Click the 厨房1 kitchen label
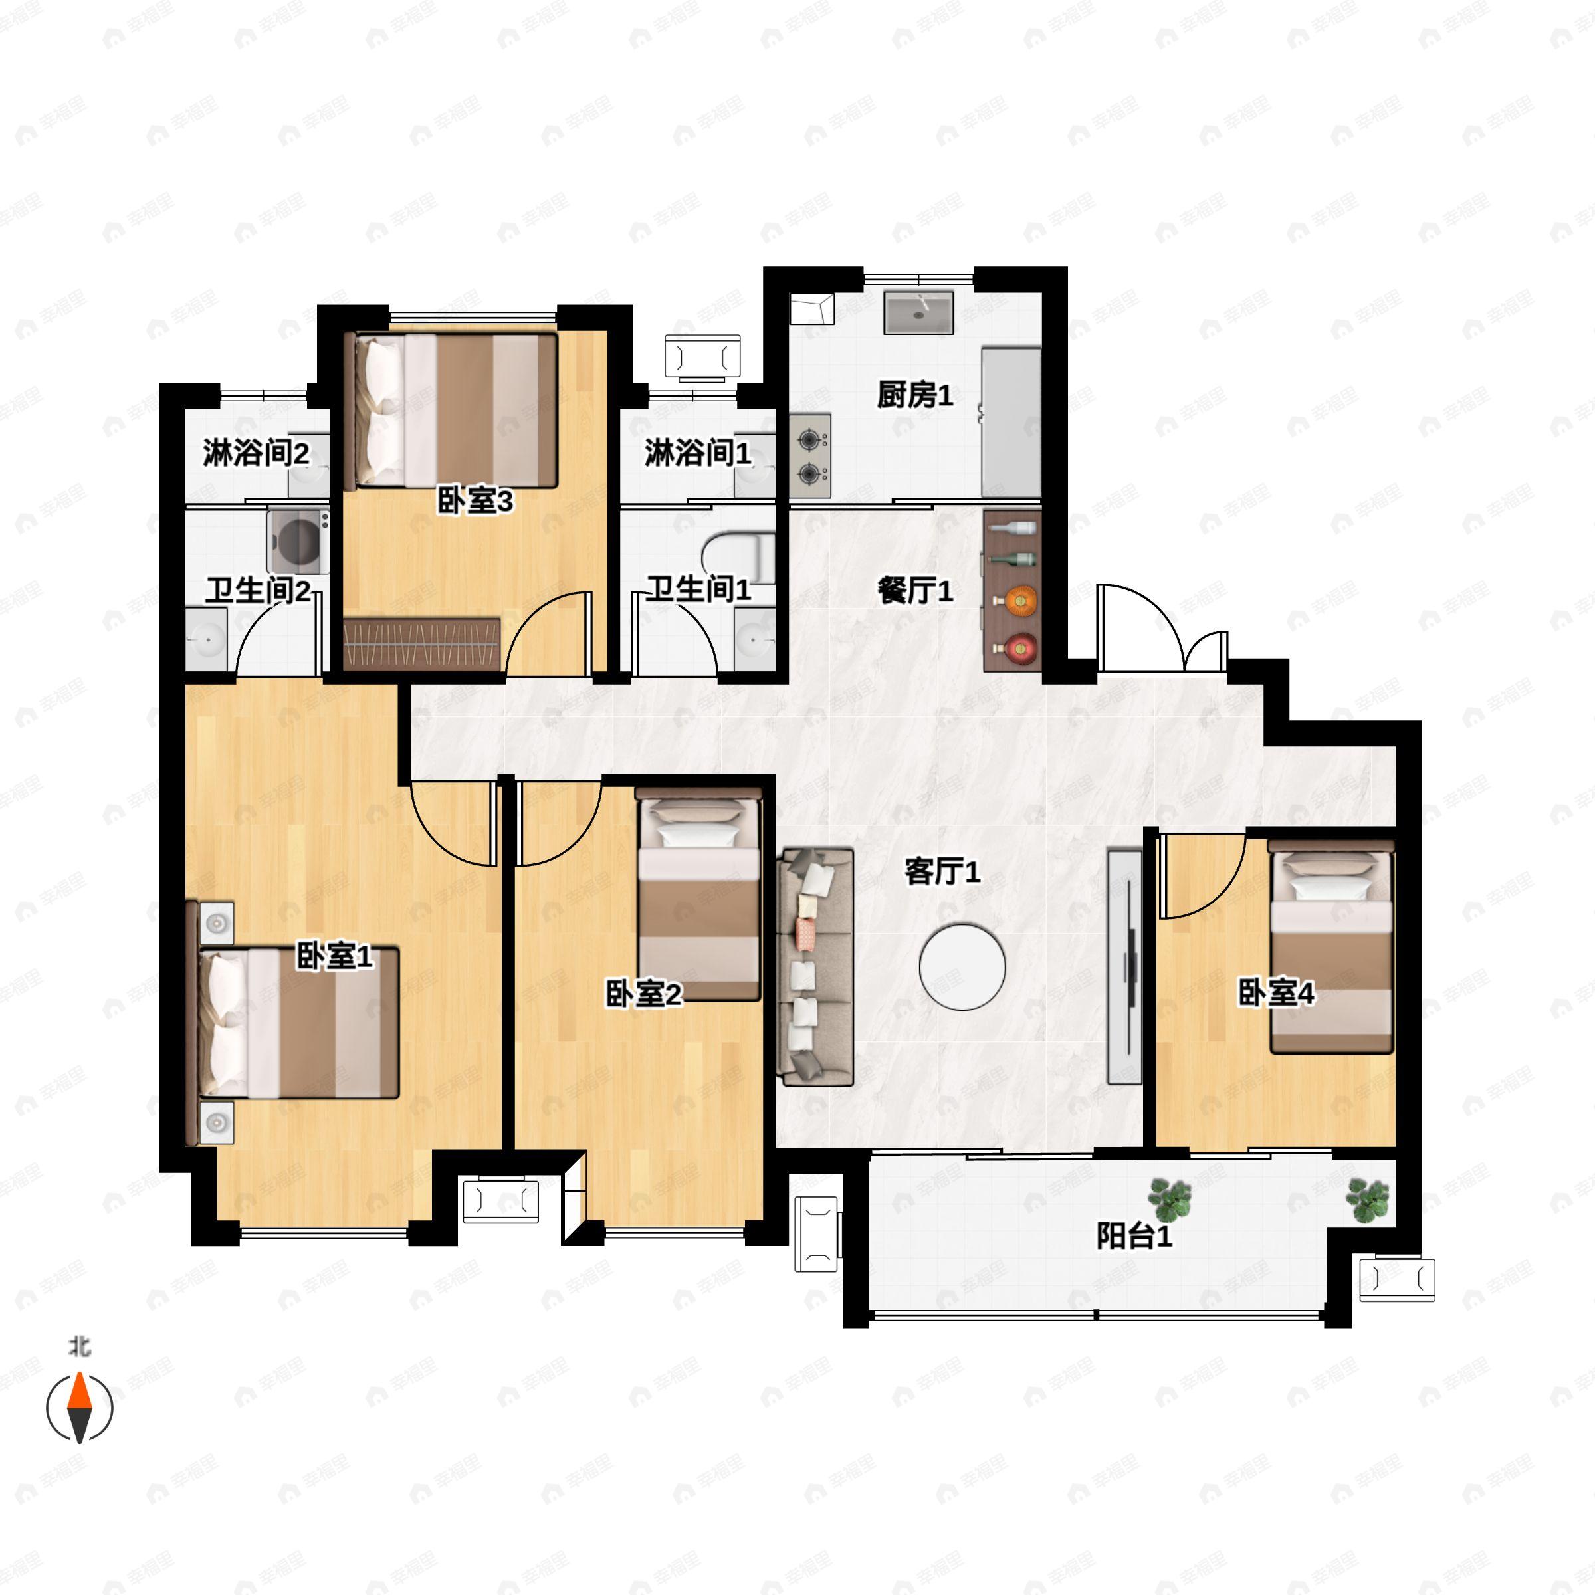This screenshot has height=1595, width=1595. pyautogui.click(x=914, y=395)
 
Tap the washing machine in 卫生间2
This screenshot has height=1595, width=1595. pyautogui.click(x=298, y=542)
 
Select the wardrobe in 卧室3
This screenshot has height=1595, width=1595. pyautogui.click(x=422, y=644)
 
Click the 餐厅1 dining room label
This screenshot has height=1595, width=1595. pyautogui.click(x=914, y=590)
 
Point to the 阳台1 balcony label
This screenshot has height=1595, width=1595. pyautogui.click(x=1134, y=1237)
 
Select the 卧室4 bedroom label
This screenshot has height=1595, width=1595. pyautogui.click(x=1276, y=993)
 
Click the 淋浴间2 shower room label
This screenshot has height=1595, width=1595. pyautogui.click(x=256, y=453)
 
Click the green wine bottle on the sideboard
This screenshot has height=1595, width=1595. pyautogui.click(x=1012, y=559)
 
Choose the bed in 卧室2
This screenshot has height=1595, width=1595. pyautogui.click(x=698, y=893)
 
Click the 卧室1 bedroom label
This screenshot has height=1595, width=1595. pyautogui.click(x=334, y=956)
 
